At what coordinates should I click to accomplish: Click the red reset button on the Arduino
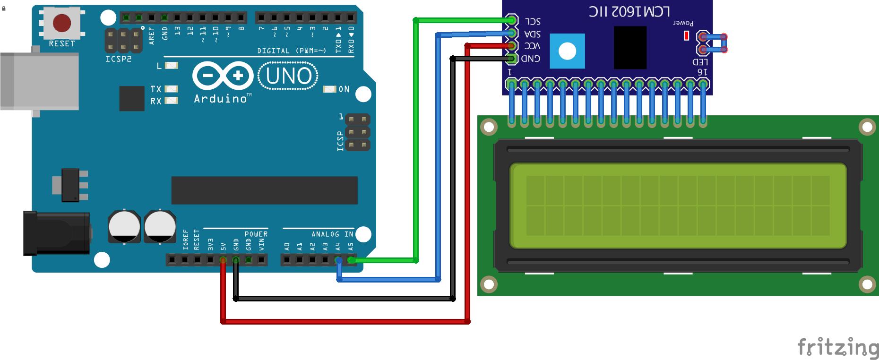[62, 23]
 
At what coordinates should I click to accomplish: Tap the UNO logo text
[288, 76]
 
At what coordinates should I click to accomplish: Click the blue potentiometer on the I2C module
[567, 51]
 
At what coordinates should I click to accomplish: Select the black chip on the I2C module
[630, 48]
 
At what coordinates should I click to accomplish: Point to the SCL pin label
[533, 22]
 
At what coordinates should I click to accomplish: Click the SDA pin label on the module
[533, 34]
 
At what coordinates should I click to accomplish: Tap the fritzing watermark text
[837, 348]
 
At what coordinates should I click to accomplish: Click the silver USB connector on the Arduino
[40, 81]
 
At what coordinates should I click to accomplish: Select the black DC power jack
[57, 233]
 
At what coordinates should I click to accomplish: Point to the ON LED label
[344, 89]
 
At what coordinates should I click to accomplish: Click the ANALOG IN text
[332, 234]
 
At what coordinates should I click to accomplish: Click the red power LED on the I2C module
[687, 35]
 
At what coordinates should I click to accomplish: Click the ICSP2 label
[118, 59]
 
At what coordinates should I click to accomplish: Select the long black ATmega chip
[264, 190]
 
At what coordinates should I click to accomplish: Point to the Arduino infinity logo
[223, 76]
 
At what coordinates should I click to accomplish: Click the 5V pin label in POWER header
[223, 246]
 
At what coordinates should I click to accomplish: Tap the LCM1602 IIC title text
[629, 11]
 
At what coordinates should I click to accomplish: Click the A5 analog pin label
[351, 246]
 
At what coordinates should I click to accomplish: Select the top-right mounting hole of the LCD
[867, 127]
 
